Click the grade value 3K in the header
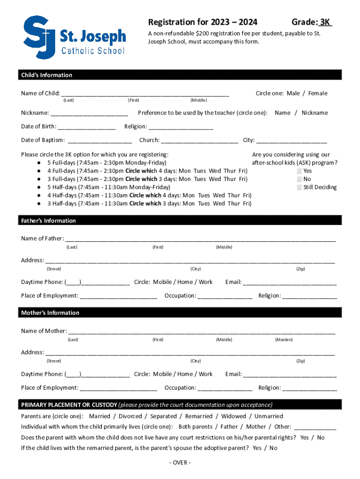click(x=325, y=22)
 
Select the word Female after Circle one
click(x=317, y=93)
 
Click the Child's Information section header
click(x=46, y=75)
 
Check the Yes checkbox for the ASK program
click(x=299, y=171)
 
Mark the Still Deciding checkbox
click(x=299, y=187)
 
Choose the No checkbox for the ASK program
click(x=299, y=179)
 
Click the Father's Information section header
click(x=48, y=221)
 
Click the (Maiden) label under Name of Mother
click(x=284, y=340)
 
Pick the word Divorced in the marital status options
click(x=130, y=416)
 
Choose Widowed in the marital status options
click(x=233, y=416)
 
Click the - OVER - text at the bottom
click(x=180, y=463)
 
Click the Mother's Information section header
click(x=50, y=313)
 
